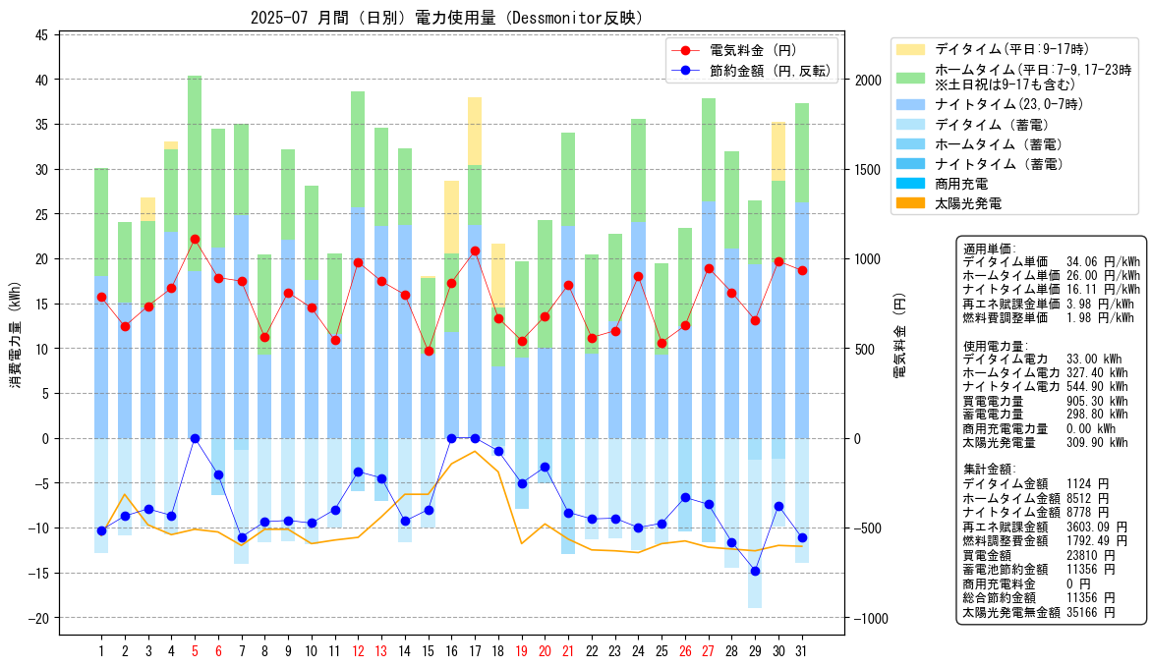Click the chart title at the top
(446, 18)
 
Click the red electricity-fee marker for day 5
(195, 239)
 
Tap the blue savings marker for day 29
(756, 571)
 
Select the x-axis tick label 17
(475, 651)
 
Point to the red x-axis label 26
(685, 651)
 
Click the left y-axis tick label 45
(41, 35)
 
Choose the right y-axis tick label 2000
(868, 80)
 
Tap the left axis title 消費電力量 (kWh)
(16, 335)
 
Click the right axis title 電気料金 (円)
(899, 335)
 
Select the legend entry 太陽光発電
(968, 203)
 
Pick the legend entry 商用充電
(961, 184)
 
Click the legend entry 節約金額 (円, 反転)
(770, 71)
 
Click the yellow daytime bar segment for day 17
(475, 132)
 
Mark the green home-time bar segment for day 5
(195, 174)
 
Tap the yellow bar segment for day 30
(778, 151)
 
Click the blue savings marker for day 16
(452, 438)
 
